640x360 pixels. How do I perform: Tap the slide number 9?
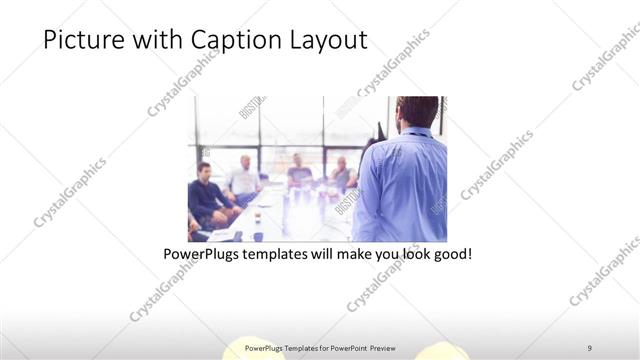[590, 347]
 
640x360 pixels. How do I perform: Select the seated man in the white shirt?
[243, 178]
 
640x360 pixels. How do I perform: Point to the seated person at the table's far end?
[299, 172]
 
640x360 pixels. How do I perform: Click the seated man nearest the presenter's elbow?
[342, 175]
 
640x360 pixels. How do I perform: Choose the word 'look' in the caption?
[416, 255]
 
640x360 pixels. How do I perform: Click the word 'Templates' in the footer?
[291, 347]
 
